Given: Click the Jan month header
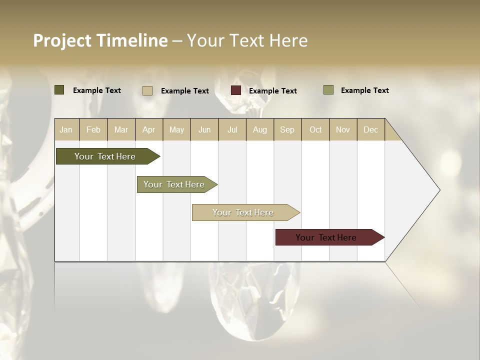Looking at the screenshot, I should point(66,129).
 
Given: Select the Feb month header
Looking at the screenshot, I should point(93,129).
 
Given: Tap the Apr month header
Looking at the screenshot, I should point(148,129).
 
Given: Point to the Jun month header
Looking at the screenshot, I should point(204,129).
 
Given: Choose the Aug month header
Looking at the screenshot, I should point(259,129).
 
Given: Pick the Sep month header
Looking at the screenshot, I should point(287,129).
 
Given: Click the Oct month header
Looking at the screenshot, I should point(315,129).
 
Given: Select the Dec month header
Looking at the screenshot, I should point(370,129).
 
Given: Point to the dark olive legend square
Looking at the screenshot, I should point(59,90).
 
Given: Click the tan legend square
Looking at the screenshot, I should point(147,90).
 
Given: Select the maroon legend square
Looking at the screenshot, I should point(236,90).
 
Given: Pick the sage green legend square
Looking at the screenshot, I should point(328,90).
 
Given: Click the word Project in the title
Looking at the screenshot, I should point(62,40).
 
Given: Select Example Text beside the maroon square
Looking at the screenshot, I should point(272,91).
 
